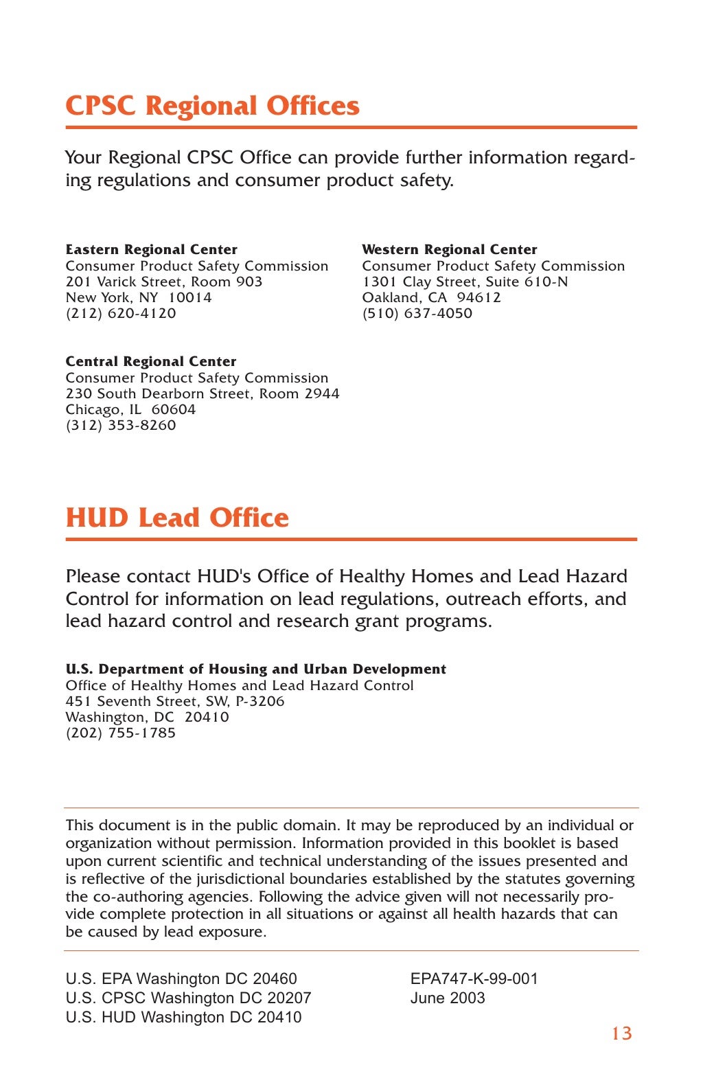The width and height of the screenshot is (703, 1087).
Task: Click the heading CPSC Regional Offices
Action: pos(212,106)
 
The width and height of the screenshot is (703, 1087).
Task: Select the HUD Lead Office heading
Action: pos(177,518)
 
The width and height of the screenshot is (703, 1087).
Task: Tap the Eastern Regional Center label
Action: pos(151,249)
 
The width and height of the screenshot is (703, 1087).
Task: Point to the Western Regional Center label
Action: pos(449,249)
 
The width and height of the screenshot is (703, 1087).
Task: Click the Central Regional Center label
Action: pos(150,361)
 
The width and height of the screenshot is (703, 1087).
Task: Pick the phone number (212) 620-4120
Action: pos(121,313)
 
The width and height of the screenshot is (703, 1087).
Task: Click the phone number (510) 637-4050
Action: pos(417,313)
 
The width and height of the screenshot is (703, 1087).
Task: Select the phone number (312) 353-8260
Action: pos(121,425)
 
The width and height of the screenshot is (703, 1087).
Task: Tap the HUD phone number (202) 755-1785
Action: pos(121,733)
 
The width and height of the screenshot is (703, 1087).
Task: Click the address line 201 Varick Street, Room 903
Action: pos(163,282)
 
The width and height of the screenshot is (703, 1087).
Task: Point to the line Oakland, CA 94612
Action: pos(431,297)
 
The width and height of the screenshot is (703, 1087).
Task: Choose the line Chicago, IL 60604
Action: pos(130,409)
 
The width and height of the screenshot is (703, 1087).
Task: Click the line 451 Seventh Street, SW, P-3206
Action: pos(174,701)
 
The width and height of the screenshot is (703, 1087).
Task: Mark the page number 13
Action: pos(621,1033)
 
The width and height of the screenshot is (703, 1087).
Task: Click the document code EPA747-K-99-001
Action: pos(474,979)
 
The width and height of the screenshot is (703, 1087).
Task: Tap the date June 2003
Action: pos(447,998)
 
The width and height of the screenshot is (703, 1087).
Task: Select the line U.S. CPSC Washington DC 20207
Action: pos(188,998)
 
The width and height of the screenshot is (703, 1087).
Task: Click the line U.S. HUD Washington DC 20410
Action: pos(183,1017)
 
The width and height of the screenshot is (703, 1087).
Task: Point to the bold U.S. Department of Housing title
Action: pos(255,669)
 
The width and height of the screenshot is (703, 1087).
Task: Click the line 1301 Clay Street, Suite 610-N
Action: pos(465,282)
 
